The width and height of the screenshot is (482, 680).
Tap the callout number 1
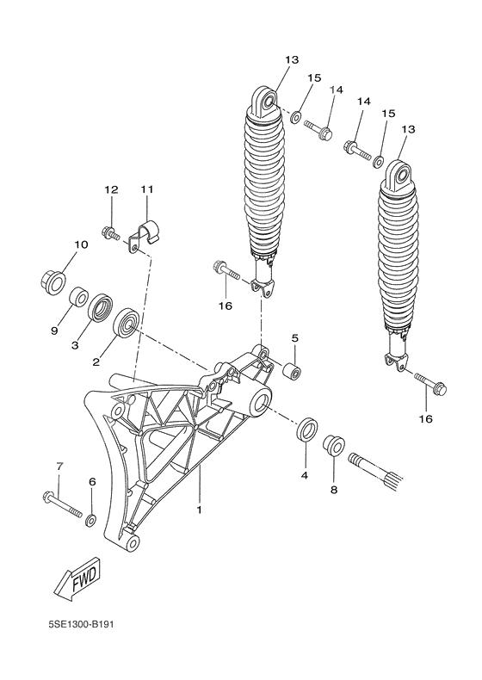(x=199, y=510)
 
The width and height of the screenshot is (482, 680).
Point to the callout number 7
(x=59, y=466)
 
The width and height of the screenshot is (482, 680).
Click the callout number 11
(x=146, y=189)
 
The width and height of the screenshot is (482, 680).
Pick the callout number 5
(x=294, y=338)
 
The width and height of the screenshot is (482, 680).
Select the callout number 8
(x=334, y=490)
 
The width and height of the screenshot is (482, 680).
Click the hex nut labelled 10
(x=53, y=280)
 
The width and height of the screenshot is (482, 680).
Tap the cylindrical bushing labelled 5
(x=293, y=373)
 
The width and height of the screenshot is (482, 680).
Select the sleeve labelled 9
(x=79, y=298)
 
